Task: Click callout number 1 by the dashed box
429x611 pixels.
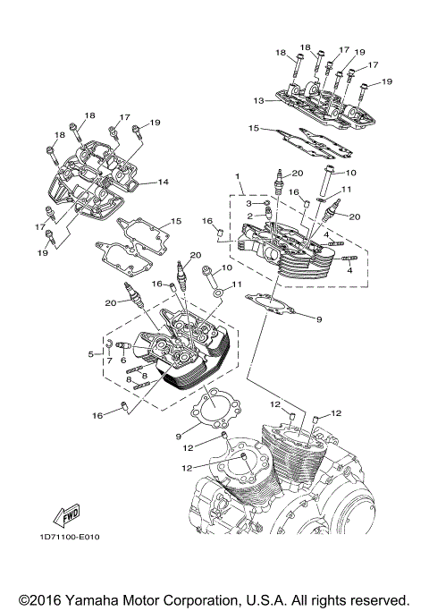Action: [x=237, y=177]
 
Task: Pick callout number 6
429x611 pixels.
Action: [x=124, y=361]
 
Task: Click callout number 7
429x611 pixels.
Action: [x=110, y=361]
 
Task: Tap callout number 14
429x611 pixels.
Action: [x=163, y=182]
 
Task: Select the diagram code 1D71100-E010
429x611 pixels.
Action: [x=71, y=536]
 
